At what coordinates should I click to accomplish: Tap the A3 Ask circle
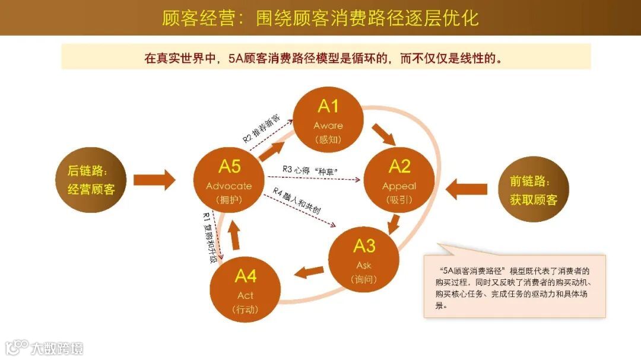364,260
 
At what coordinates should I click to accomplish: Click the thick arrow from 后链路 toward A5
154,179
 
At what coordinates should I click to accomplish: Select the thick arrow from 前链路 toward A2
467,189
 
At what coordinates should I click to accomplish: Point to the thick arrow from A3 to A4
310,272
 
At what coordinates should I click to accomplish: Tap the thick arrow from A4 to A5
234,238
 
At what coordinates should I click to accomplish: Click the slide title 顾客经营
320,18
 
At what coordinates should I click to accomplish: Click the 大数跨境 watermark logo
45,347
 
